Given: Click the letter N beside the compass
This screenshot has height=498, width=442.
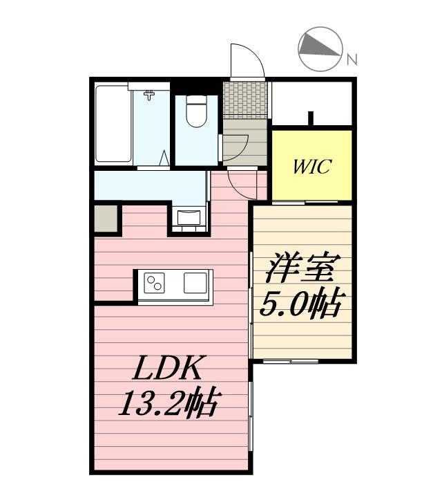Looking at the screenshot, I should point(352,60).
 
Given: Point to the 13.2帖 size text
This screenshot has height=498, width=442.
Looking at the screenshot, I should point(168,402).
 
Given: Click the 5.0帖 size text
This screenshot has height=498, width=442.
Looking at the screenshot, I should point(301,302).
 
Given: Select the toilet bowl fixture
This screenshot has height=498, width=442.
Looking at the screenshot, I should point(197,111).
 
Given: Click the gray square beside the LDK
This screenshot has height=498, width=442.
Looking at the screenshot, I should point(106,219).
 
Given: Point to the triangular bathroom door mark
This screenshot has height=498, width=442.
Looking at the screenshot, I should point(165,158).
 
